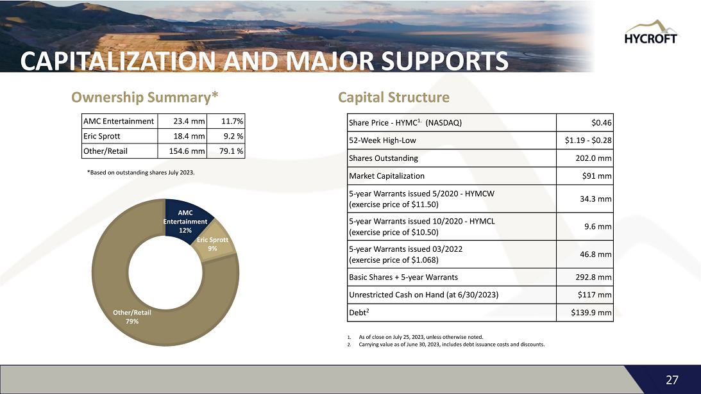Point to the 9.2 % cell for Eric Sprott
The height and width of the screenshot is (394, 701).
click(x=232, y=136)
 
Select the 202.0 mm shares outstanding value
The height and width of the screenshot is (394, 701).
click(x=594, y=158)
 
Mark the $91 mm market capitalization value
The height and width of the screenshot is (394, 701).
click(x=596, y=176)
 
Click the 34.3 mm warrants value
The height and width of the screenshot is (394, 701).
click(x=596, y=199)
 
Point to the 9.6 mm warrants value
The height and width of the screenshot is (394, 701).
click(x=598, y=226)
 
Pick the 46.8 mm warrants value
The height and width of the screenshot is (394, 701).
click(x=596, y=254)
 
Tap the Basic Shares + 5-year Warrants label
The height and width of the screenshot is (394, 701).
click(x=403, y=277)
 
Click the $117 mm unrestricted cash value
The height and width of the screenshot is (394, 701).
click(x=595, y=295)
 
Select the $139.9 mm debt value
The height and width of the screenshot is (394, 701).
click(x=591, y=313)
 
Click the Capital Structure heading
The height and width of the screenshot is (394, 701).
click(x=393, y=97)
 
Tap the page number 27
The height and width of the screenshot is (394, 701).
click(x=671, y=379)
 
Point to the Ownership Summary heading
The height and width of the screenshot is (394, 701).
click(x=145, y=97)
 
